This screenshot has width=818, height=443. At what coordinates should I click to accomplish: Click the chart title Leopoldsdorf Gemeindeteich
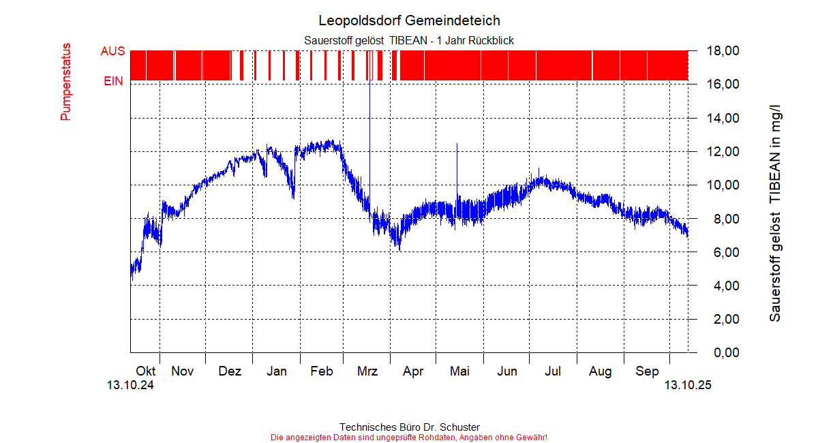point(409,20)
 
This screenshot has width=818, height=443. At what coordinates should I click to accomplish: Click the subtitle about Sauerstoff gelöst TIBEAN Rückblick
point(409,41)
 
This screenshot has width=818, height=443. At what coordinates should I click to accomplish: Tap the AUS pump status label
point(112,51)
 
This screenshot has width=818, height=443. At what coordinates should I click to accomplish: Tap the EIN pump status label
point(113,81)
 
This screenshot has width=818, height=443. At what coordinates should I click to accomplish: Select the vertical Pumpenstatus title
point(66,82)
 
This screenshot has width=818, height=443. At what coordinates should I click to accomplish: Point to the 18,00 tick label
point(723,51)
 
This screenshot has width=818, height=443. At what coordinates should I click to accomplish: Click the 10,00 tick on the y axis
point(723,185)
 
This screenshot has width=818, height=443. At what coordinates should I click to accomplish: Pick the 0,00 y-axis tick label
point(726,353)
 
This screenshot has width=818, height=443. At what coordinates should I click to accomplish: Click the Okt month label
point(146,371)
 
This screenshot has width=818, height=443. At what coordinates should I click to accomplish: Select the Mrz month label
point(367,371)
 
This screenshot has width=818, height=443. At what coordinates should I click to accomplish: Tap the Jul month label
point(553,371)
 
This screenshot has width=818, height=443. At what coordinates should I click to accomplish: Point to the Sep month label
point(648,371)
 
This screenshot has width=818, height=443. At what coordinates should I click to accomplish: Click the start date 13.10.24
point(130,386)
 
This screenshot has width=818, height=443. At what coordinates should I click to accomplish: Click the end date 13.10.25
point(688,386)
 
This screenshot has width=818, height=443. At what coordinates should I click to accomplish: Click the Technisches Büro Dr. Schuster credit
point(409,427)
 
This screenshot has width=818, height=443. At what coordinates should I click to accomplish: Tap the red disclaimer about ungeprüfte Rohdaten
point(409,437)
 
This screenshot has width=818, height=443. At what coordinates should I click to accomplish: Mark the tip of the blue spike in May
point(457,143)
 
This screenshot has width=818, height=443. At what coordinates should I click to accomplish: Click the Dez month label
point(230,371)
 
